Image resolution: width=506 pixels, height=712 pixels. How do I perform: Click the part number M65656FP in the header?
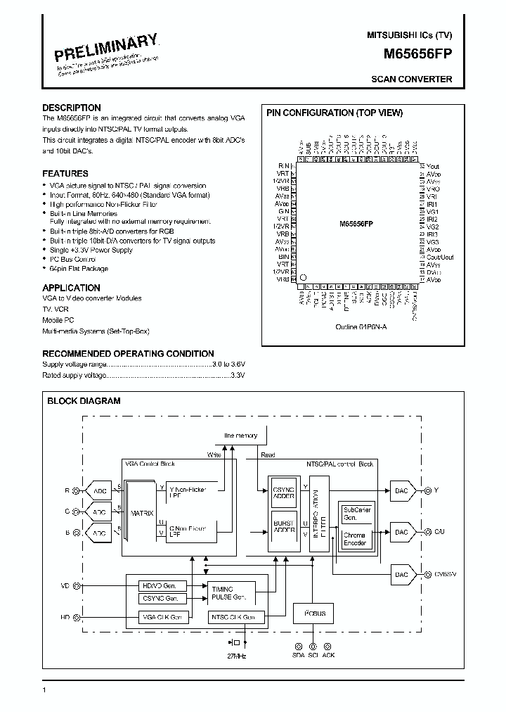coord(418,53)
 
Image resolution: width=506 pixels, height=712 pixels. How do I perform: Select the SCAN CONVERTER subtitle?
coord(411,80)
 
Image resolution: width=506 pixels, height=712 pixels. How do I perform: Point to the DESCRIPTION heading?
coord(71,108)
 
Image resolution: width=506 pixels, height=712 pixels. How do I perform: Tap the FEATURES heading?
coord(65,173)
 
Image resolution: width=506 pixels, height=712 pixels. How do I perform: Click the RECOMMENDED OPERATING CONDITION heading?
coord(128,354)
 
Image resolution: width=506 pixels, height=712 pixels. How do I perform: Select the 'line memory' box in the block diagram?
coord(241,436)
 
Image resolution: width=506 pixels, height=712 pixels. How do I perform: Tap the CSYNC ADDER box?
coord(283,491)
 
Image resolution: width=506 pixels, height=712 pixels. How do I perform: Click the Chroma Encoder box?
coord(354,540)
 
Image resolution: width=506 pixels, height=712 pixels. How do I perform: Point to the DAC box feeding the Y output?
coord(401,490)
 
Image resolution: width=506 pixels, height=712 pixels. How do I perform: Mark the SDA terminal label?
coord(297,655)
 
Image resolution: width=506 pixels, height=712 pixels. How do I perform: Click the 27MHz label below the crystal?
coord(236,656)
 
